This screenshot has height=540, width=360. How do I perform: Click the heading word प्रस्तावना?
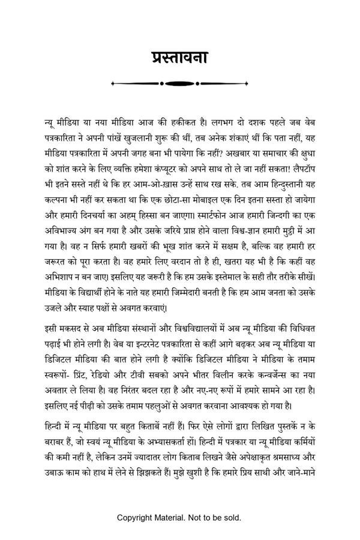pyautogui.click(x=180, y=59)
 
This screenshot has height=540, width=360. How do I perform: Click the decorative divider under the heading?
pyautogui.click(x=180, y=83)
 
